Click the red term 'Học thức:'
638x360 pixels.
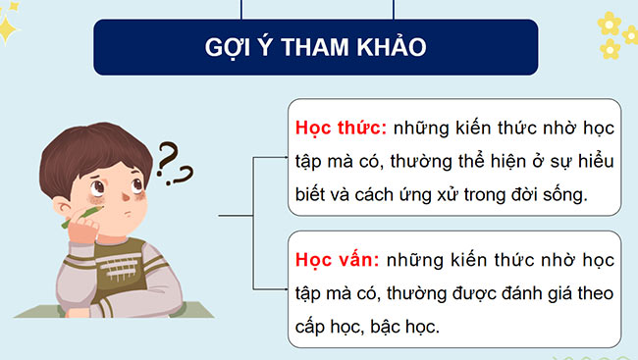click(x=340, y=129)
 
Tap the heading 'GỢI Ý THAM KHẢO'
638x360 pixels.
click(x=316, y=46)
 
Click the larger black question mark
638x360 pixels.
click(x=170, y=155)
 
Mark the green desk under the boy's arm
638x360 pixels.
click(x=39, y=313)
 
